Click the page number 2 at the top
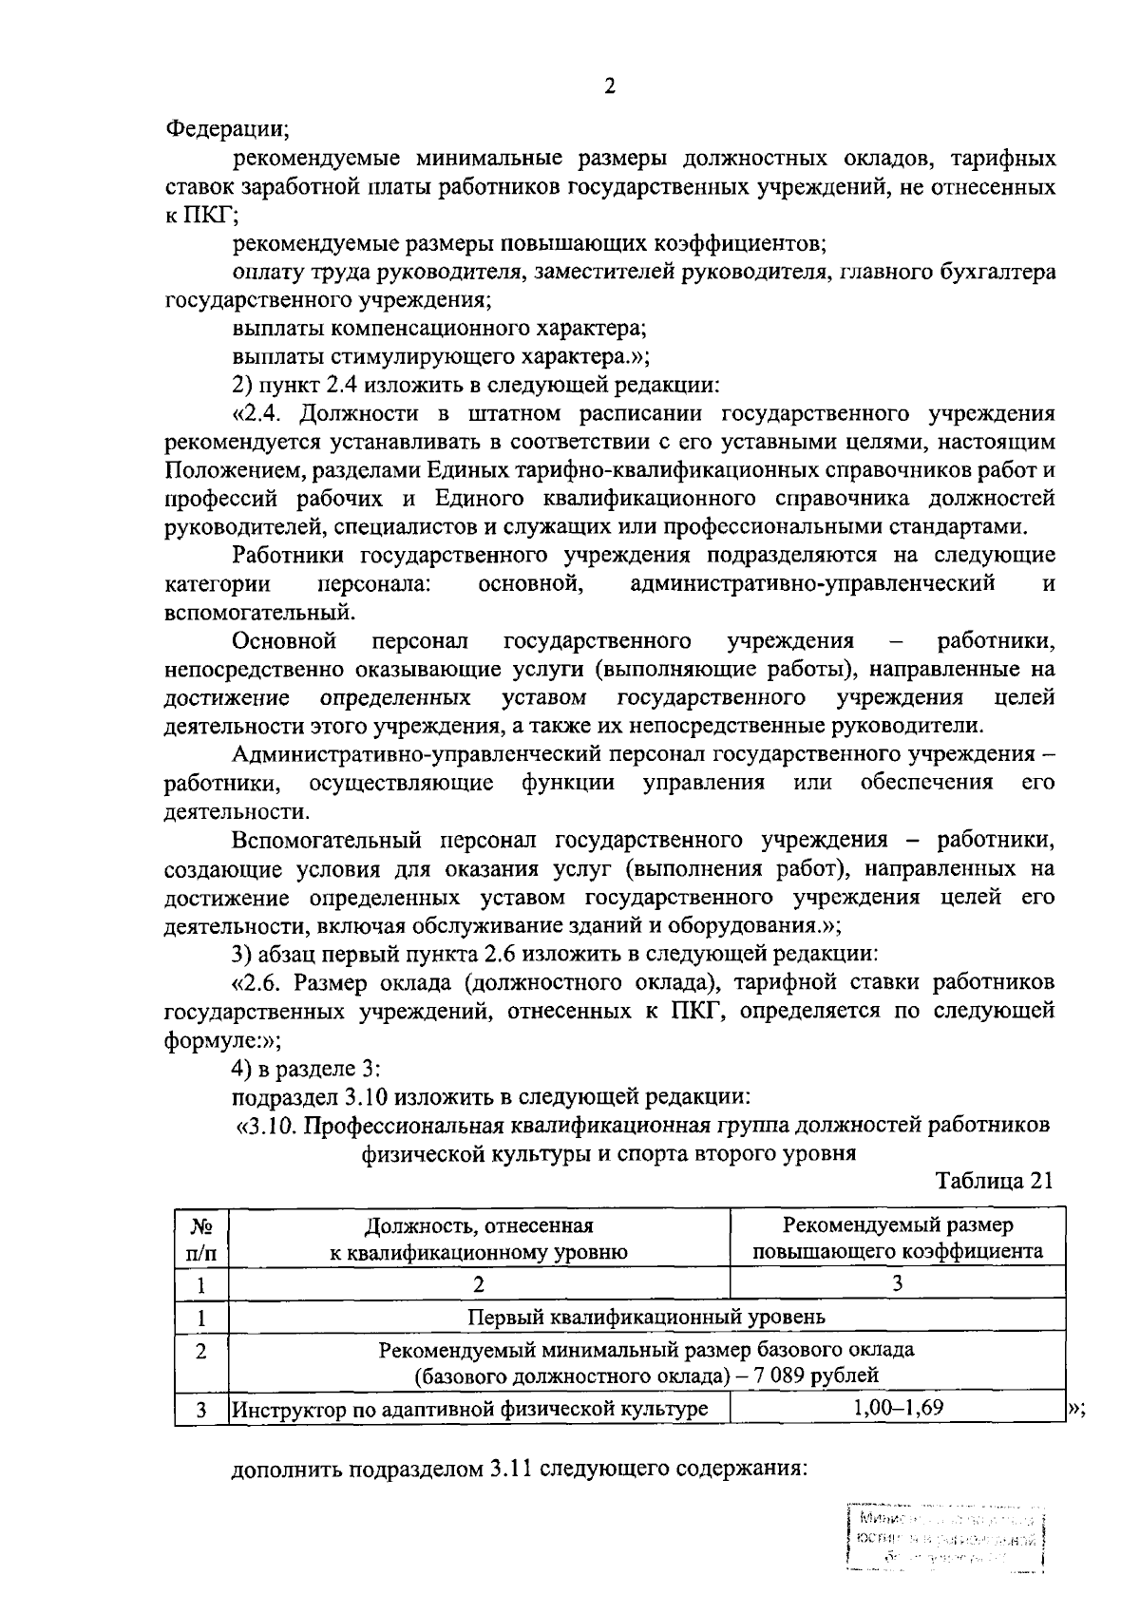610,86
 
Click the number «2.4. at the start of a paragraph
267,414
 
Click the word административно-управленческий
812,583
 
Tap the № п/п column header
200,1239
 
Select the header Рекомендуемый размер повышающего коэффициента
897,1239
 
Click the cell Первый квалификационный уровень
646,1318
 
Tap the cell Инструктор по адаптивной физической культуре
471,1409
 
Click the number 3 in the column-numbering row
897,1283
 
